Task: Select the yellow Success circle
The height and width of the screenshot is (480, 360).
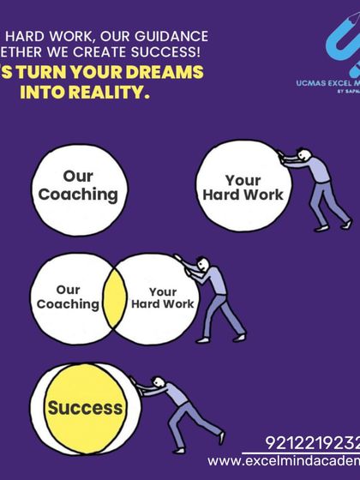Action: [86, 407]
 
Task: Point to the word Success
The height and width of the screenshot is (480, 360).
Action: [86, 407]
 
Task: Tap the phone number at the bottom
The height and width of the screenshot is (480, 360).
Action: [312, 445]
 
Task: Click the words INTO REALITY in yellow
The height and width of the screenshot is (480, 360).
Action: [103, 92]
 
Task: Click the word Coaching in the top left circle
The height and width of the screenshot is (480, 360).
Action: [77, 194]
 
